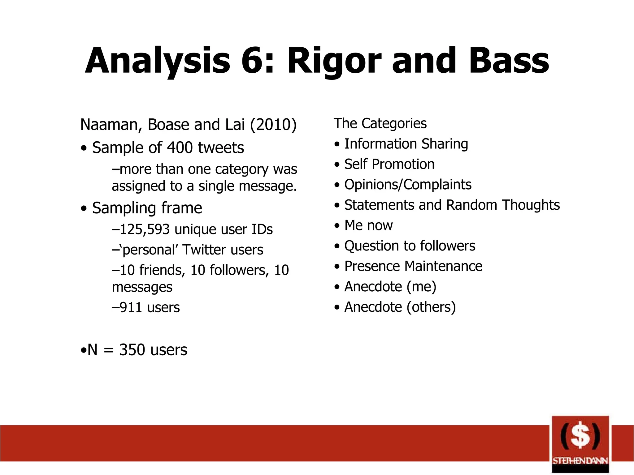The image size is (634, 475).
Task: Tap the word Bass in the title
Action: [x=509, y=61]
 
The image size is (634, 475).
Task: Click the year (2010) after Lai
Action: [x=273, y=125]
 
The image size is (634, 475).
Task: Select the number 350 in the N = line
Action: [x=132, y=350]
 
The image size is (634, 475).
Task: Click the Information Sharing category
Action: [x=406, y=144]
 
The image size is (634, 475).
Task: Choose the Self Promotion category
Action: [x=389, y=164]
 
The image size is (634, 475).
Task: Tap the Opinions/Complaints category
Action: [x=408, y=185]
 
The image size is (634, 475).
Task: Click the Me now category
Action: [x=368, y=225]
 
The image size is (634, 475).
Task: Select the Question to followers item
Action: [x=410, y=246]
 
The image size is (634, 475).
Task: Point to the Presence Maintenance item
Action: [x=413, y=266]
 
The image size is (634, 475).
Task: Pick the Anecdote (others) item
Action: [x=400, y=307]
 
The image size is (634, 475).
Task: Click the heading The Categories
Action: [x=380, y=123]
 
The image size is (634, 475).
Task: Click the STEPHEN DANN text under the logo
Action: [x=580, y=461]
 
